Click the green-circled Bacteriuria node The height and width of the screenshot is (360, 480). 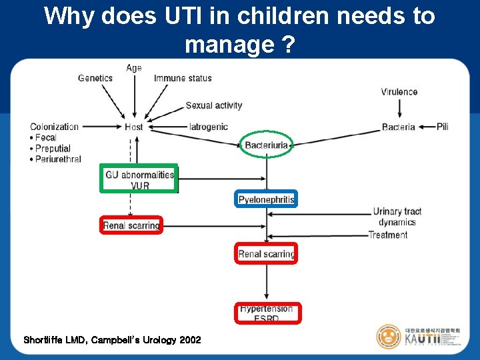pyautogui.click(x=267, y=145)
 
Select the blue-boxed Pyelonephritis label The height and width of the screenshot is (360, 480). pyautogui.click(x=266, y=199)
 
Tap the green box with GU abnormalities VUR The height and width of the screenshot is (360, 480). pyautogui.click(x=139, y=179)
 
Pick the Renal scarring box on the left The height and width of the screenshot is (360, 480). pyautogui.click(x=131, y=225)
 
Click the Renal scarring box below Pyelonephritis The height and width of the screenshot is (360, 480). pyautogui.click(x=267, y=253)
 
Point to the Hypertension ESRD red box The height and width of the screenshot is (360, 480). pyautogui.click(x=267, y=313)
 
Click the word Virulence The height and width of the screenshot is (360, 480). pyautogui.click(x=399, y=91)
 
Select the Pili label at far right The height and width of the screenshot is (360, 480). pyautogui.click(x=443, y=127)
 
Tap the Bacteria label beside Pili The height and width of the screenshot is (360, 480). pyautogui.click(x=399, y=127)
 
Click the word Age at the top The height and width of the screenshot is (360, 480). pyautogui.click(x=134, y=68)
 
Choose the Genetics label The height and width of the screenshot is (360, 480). pyautogui.click(x=95, y=78)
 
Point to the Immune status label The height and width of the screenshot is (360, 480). pyautogui.click(x=183, y=78)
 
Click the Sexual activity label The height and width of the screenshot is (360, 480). pyautogui.click(x=213, y=105)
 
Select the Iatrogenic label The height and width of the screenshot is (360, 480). pyautogui.click(x=209, y=127)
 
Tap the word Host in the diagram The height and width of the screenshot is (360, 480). pyautogui.click(x=134, y=127)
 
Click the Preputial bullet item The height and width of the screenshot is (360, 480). pyautogui.click(x=53, y=148)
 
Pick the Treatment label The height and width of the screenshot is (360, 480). pyautogui.click(x=387, y=235)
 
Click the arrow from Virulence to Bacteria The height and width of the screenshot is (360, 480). pyautogui.click(x=399, y=108)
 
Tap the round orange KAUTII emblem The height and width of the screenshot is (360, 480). pyautogui.click(x=388, y=337)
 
